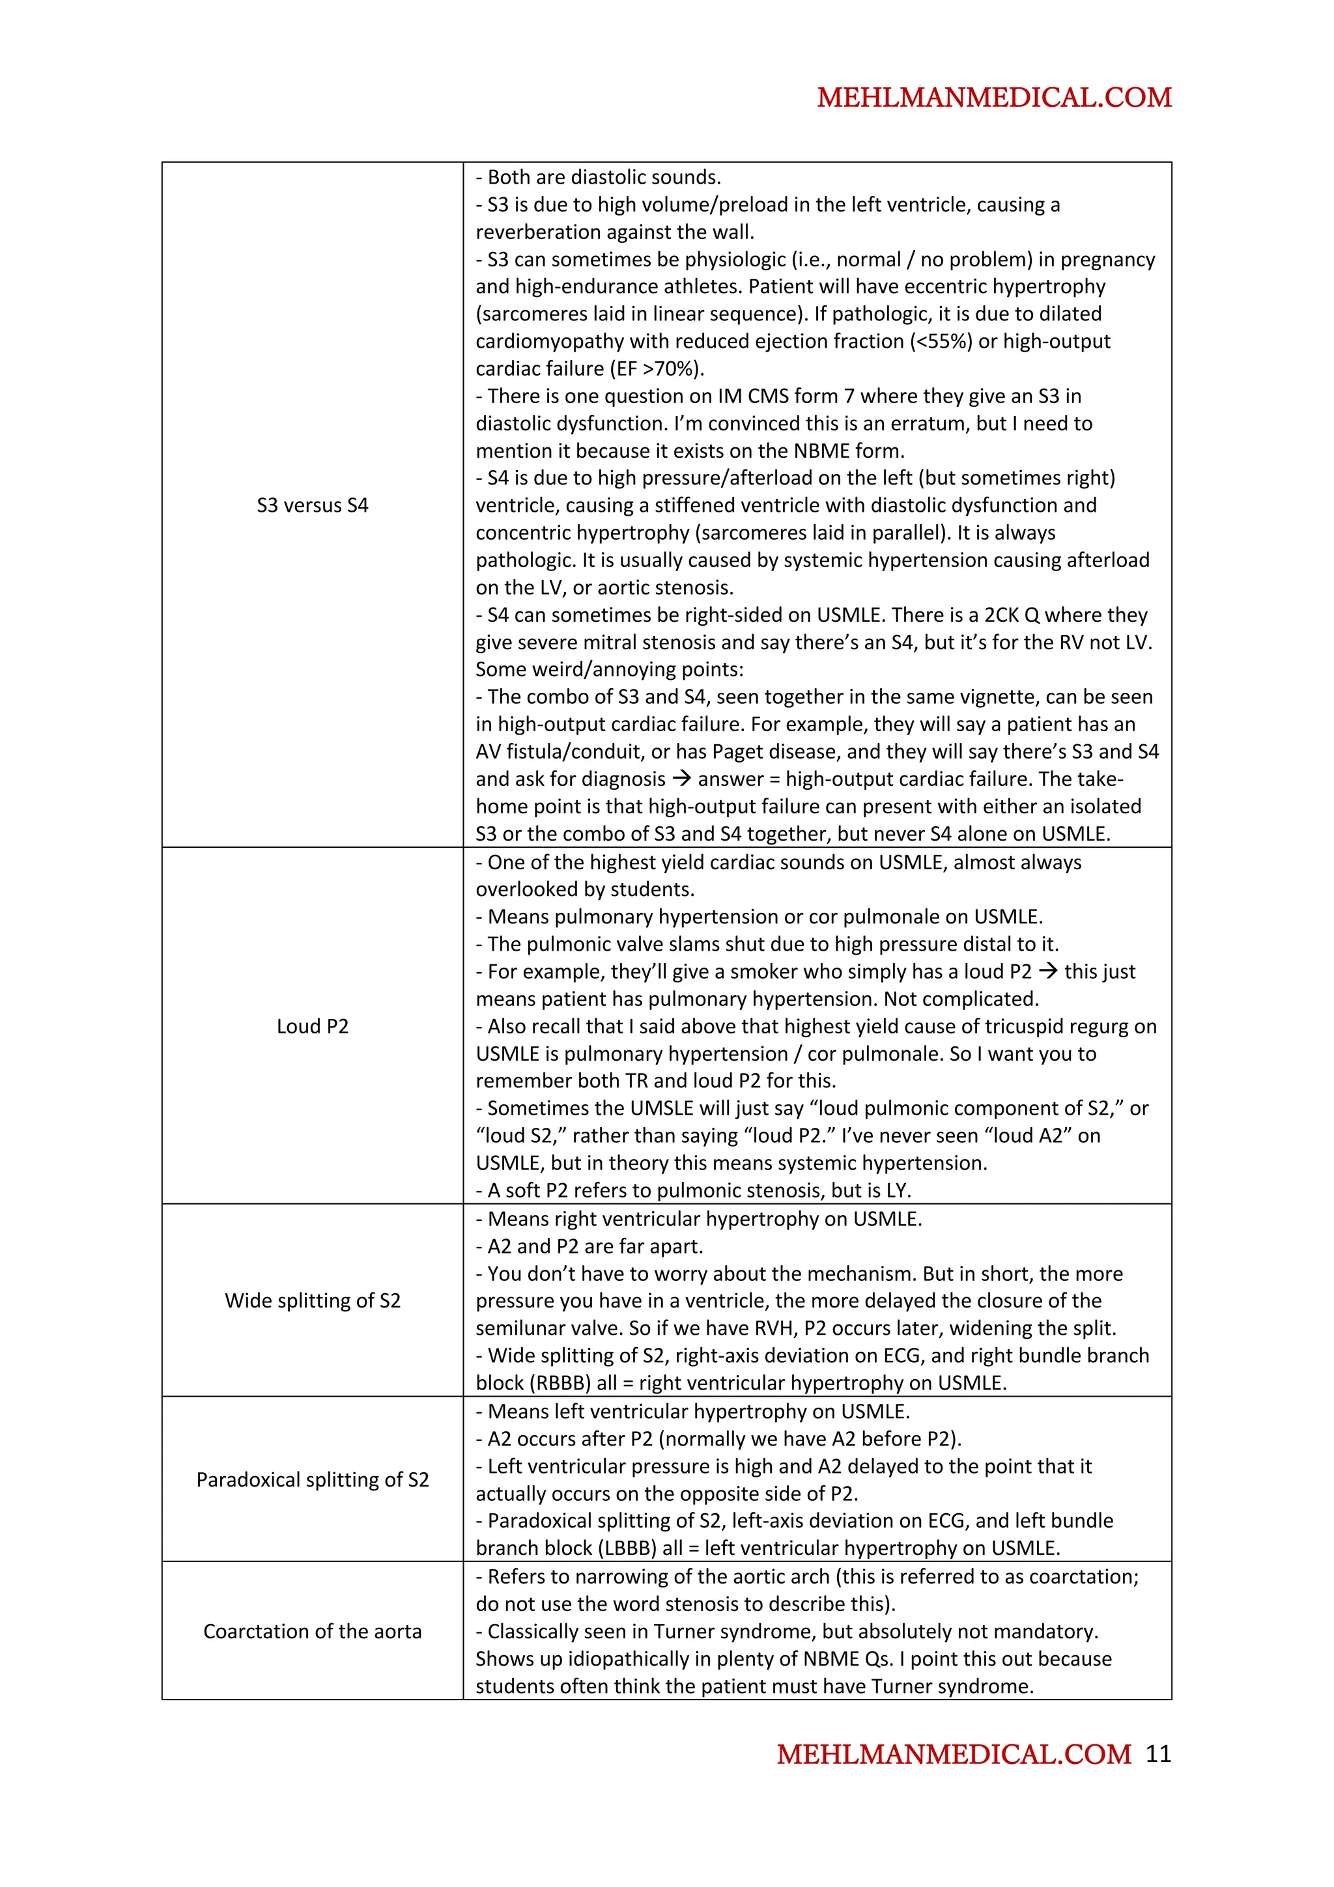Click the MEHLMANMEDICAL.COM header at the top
[x=994, y=98]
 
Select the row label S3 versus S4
[x=313, y=505]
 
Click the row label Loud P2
[x=313, y=1026]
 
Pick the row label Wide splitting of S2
[x=313, y=1300]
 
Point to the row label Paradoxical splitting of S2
[x=313, y=1479]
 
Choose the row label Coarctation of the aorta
[x=313, y=1630]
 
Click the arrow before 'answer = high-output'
[x=681, y=778]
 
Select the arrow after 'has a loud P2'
[x=1047, y=971]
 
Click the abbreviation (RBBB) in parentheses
[x=561, y=1382]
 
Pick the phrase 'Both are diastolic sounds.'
[x=599, y=176]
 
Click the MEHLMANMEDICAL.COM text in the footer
[x=954, y=1754]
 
